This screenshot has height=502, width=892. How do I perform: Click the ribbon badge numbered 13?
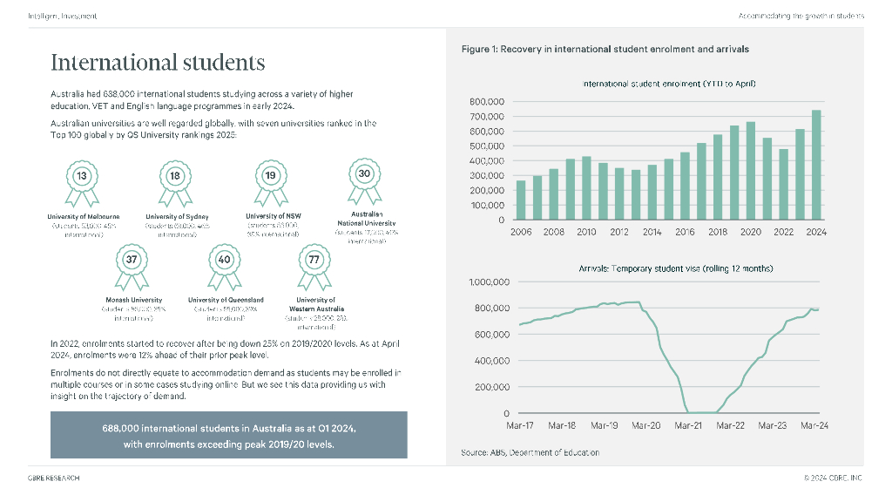point(82,177)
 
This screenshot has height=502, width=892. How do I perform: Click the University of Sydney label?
point(177,216)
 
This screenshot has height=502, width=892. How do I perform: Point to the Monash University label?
point(128,300)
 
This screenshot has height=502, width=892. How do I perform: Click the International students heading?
point(158,63)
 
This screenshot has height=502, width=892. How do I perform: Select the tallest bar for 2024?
point(816,165)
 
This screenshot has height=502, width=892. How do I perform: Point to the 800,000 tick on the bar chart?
point(488,102)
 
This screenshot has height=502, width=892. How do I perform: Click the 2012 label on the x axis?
point(619,233)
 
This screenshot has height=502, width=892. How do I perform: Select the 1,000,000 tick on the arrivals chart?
point(489,282)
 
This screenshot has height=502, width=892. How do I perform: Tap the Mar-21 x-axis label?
point(688,426)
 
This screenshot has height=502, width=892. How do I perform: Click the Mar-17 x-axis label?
point(520,426)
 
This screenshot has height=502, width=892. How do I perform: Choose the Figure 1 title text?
point(605,49)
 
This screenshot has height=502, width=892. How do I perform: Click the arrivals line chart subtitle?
point(675,268)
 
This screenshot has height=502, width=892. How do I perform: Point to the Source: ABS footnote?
point(530,452)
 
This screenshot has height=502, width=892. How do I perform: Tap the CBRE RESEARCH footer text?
point(54,478)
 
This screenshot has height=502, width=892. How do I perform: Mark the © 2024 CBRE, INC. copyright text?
point(833,478)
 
